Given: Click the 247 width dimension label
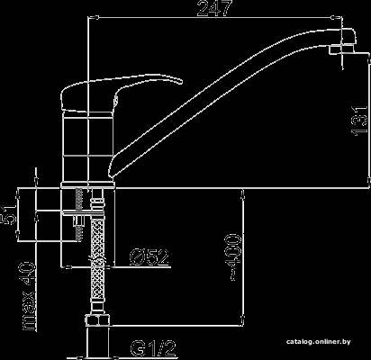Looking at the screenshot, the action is (214, 8).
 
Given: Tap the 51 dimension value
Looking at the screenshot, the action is (9, 214).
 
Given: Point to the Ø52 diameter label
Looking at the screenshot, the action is (149, 257).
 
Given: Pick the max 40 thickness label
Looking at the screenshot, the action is (29, 296).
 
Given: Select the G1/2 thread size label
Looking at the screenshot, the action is (153, 348).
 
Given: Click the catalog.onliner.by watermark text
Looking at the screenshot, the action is (318, 342).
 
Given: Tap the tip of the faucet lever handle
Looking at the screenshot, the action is (181, 82).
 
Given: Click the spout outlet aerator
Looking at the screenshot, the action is (341, 49).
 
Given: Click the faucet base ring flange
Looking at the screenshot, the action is (88, 185).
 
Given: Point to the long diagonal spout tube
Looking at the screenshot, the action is (228, 99).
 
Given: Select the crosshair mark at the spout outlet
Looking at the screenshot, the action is (342, 49).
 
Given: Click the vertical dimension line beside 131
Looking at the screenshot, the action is (368, 121).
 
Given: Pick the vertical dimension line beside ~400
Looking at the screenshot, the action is (243, 256).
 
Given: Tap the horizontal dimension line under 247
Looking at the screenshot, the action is (215, 18).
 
